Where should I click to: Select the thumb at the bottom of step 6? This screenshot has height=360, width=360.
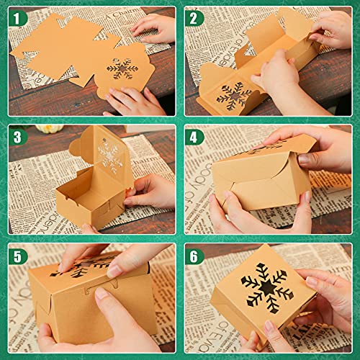tap(274, 338)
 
